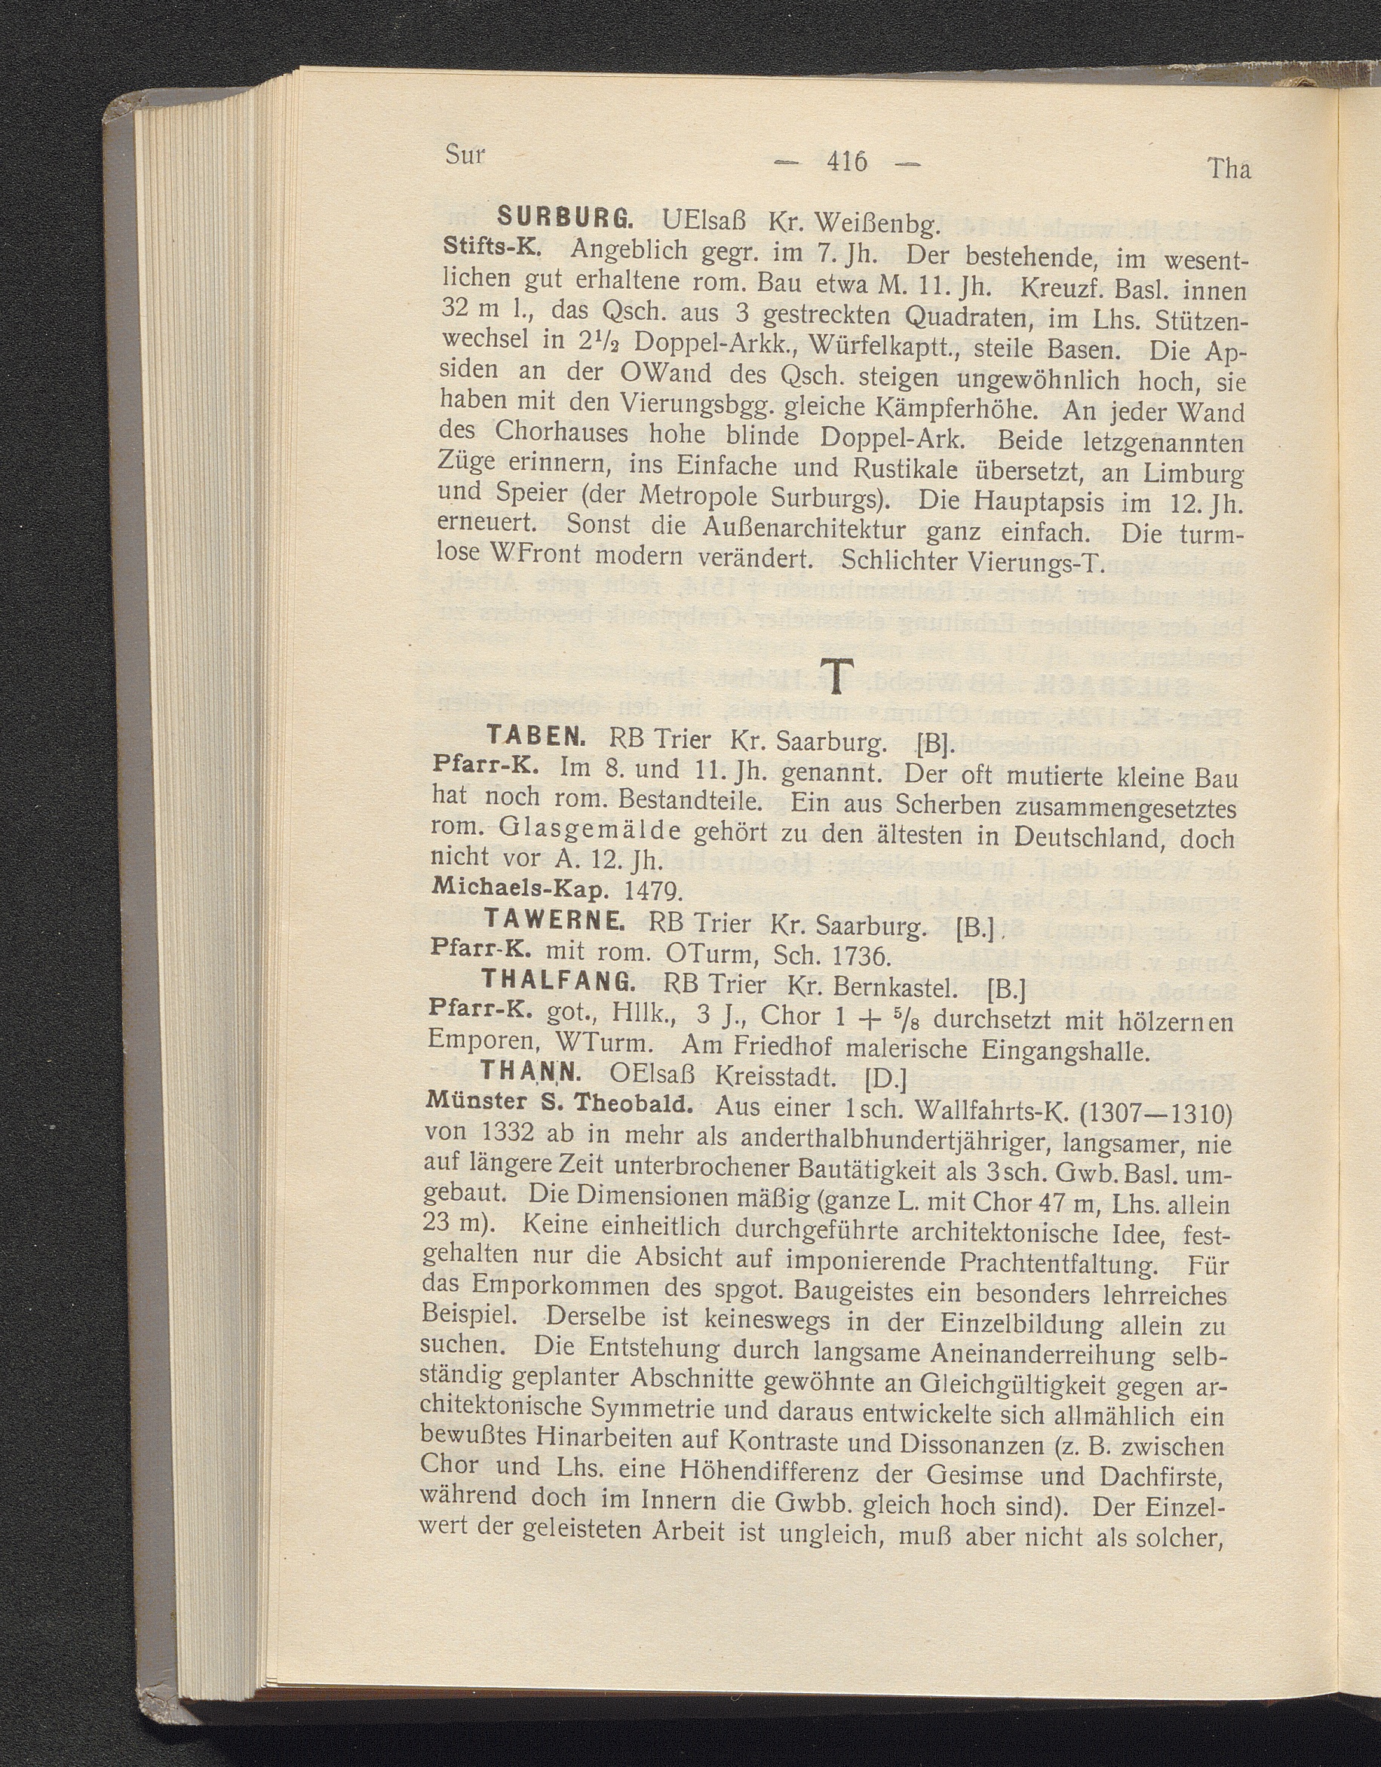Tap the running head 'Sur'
click(465, 154)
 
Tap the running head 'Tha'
click(1228, 169)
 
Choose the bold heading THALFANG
click(558, 981)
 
